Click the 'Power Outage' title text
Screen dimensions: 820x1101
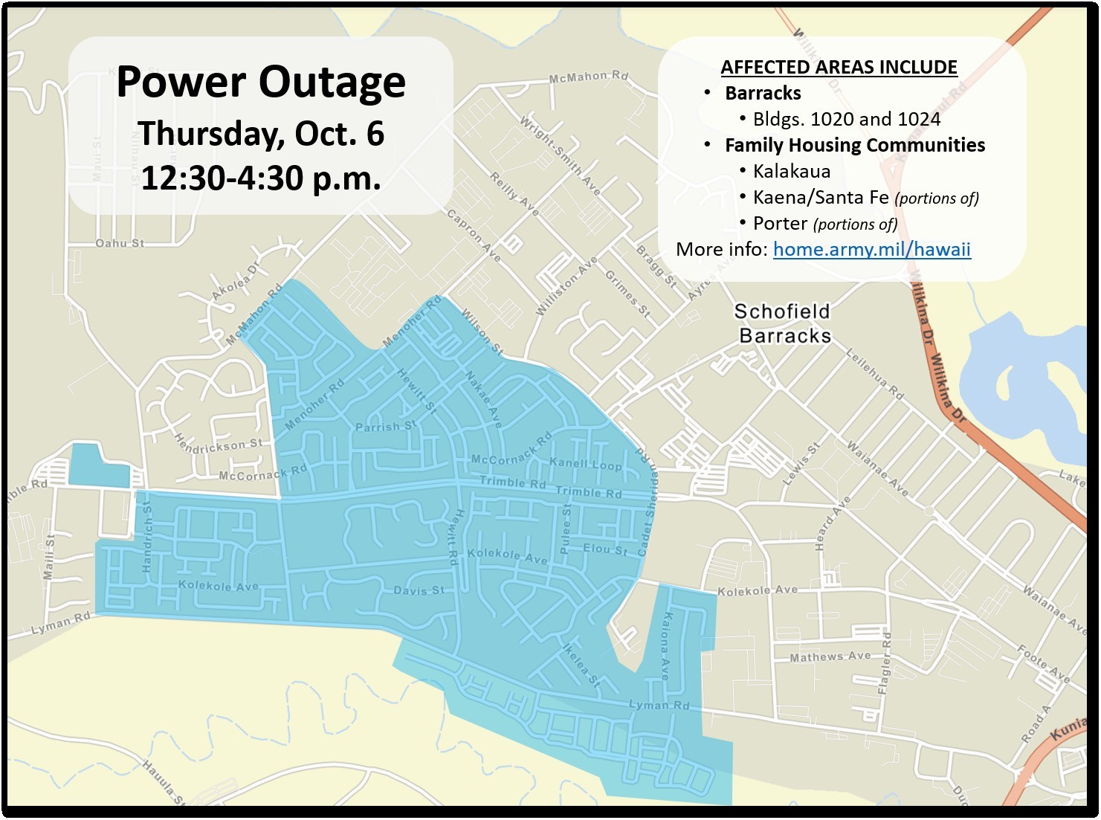[261, 81]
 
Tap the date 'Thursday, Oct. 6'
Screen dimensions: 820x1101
[261, 133]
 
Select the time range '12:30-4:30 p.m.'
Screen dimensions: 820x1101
[261, 178]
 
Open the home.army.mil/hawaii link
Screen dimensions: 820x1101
[871, 248]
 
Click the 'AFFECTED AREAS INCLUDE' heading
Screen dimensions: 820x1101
[839, 67]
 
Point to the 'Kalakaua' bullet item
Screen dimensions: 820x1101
[791, 171]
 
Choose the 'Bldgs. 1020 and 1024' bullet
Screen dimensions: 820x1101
[846, 119]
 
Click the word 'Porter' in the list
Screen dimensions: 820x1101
[780, 223]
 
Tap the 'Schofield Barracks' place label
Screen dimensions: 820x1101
[783, 323]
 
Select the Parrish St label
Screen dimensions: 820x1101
[385, 427]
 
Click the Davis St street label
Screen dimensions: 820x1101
[419, 590]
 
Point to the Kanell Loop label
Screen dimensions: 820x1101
[585, 464]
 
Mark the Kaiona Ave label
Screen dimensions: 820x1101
[666, 645]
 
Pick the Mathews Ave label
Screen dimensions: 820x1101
[830, 657]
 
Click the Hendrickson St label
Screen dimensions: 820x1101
[219, 445]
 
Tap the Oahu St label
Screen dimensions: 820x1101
[120, 243]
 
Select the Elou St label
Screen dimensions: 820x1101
[605, 549]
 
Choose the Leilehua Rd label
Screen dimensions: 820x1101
[874, 375]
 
